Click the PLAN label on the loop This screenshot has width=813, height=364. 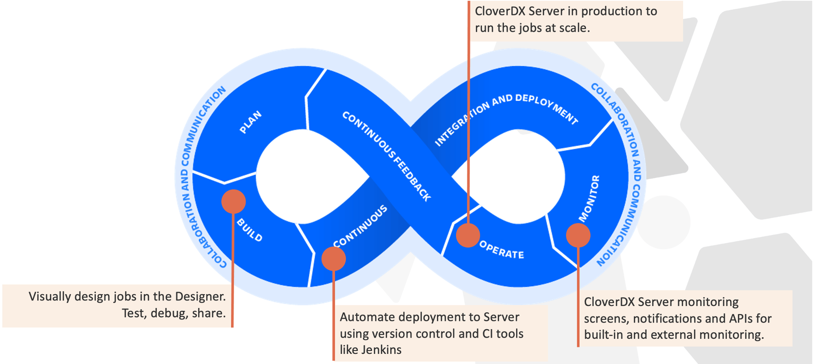point(250,122)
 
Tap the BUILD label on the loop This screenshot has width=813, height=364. point(250,230)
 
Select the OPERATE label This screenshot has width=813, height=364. point(502,250)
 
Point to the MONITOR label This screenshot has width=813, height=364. point(589,199)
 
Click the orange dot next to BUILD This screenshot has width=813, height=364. point(234,201)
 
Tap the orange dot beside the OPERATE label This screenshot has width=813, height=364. point(468,235)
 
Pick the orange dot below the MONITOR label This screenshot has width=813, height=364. point(578,235)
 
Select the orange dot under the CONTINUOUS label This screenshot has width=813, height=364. point(333,259)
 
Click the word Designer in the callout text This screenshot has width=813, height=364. point(200,297)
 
